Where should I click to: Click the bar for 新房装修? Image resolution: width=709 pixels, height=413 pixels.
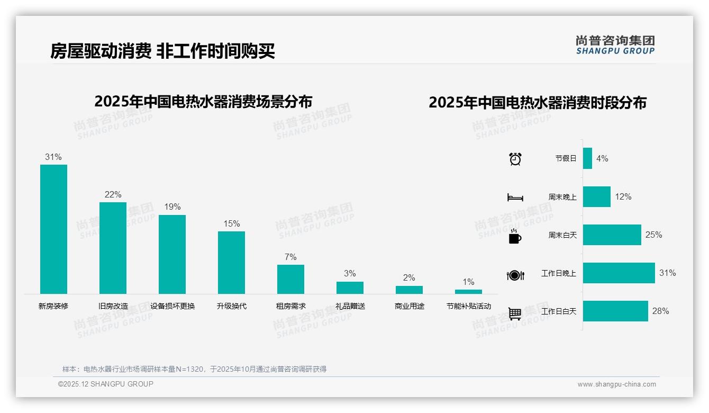point(53,229)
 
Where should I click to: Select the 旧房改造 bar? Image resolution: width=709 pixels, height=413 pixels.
point(113,248)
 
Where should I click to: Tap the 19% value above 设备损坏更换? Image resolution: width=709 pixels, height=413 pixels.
point(172,207)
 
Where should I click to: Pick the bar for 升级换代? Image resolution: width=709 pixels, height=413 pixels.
point(231,262)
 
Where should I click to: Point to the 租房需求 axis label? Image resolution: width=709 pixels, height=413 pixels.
point(290,306)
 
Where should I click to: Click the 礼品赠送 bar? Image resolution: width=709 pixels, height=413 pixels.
point(350,288)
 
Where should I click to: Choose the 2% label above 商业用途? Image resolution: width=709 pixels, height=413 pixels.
point(409,278)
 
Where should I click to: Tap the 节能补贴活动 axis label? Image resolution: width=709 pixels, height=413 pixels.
point(468,306)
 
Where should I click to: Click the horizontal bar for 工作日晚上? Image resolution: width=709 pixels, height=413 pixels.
point(619,273)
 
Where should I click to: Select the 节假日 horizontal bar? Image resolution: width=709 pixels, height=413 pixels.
point(587,158)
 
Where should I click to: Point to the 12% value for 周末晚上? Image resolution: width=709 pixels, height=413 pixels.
point(623,197)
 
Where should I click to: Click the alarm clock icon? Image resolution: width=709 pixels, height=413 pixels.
point(515,159)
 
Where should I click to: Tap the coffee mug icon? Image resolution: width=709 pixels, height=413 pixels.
point(515,236)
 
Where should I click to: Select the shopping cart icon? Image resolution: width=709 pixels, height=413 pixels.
point(515,314)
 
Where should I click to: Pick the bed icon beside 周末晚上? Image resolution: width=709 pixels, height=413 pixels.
point(515,197)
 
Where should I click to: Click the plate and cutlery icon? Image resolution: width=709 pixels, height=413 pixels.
point(515,275)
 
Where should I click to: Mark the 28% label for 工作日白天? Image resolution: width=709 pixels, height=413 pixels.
point(660,311)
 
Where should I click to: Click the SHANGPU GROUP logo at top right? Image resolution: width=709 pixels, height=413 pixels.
point(615,45)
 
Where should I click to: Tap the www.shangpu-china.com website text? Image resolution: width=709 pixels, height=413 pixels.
point(616,384)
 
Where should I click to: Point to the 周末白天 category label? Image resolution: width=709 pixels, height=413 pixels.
point(562,235)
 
